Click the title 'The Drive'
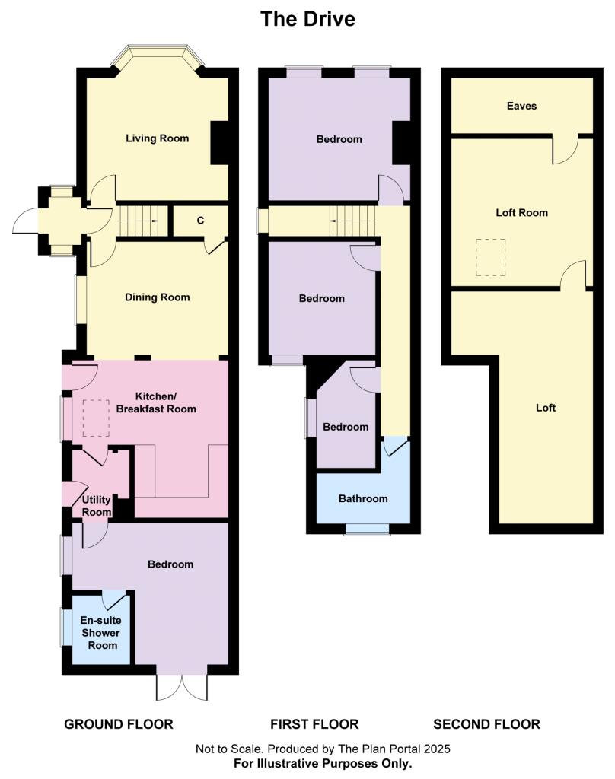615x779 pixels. [x=307, y=19]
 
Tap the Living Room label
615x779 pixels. [x=157, y=138]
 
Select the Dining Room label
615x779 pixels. [x=157, y=297]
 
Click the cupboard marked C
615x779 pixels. [x=200, y=221]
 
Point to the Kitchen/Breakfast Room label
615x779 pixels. [x=165, y=402]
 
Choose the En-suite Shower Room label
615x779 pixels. [x=100, y=633]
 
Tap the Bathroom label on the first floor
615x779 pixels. [x=363, y=499]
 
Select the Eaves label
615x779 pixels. [x=521, y=106]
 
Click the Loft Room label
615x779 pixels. [x=521, y=213]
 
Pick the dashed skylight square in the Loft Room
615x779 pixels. [x=491, y=257]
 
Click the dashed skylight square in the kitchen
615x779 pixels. [x=96, y=418]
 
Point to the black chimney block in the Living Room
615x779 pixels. [x=220, y=142]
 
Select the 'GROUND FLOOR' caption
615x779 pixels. [x=118, y=724]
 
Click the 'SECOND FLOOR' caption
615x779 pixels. [x=486, y=724]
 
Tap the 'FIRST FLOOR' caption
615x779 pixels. [x=314, y=724]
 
